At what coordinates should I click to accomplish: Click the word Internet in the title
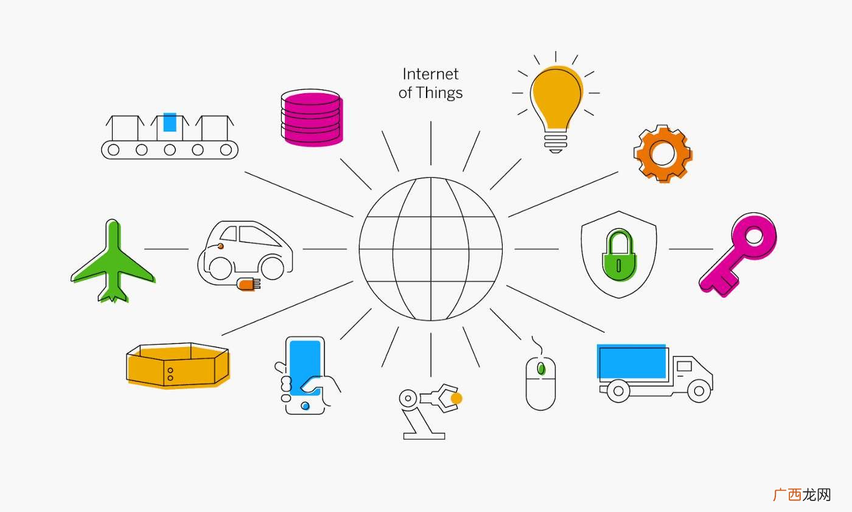pyautogui.click(x=430, y=74)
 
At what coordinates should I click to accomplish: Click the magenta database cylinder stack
pyautogui.click(x=312, y=118)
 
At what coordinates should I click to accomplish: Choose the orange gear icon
pyautogui.click(x=663, y=153)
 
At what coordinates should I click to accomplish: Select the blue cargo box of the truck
pyautogui.click(x=632, y=362)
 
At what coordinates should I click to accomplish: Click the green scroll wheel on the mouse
pyautogui.click(x=540, y=368)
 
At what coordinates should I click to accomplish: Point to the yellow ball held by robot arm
pyautogui.click(x=456, y=398)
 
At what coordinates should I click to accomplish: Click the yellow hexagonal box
pyautogui.click(x=178, y=365)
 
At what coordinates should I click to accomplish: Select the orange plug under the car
pyautogui.click(x=248, y=284)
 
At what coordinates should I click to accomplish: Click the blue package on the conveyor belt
pyautogui.click(x=170, y=122)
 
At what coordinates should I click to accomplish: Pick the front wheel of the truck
pyautogui.click(x=699, y=391)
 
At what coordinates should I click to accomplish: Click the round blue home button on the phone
pyautogui.click(x=305, y=406)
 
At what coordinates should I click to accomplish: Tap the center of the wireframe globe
pyautogui.click(x=431, y=249)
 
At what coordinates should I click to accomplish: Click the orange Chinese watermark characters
pyautogui.click(x=787, y=495)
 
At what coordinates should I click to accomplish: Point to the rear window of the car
pyautogui.click(x=229, y=233)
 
